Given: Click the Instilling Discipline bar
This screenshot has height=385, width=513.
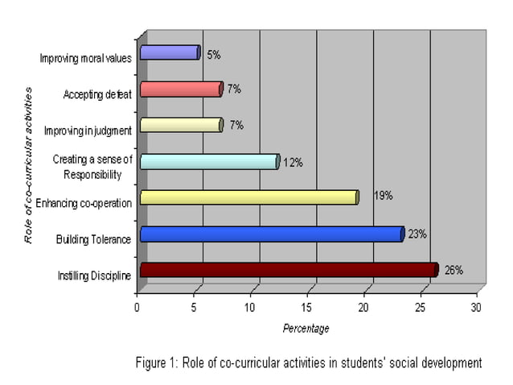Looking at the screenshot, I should (289, 270).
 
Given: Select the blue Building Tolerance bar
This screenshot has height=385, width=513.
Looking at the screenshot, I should (272, 234).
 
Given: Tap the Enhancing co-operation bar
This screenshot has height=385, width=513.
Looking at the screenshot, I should (248, 197).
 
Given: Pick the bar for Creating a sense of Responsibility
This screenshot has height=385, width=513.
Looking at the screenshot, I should (209, 161).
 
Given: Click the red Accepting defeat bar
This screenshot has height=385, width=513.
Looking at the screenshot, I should (180, 89).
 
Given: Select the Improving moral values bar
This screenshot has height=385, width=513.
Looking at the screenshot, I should (169, 52).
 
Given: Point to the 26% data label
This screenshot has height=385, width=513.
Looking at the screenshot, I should (453, 270).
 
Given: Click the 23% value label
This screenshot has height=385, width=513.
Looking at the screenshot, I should (417, 234).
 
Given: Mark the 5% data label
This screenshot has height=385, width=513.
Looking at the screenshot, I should (213, 55).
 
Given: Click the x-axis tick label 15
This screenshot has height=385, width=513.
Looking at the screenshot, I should (306, 307).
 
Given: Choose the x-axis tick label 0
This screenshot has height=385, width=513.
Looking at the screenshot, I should (137, 307).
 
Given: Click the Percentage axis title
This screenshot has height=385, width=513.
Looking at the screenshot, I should (306, 328).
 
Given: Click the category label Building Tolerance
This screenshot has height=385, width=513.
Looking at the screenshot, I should (93, 239).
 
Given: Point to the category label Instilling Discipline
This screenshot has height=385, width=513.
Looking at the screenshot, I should (93, 276).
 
